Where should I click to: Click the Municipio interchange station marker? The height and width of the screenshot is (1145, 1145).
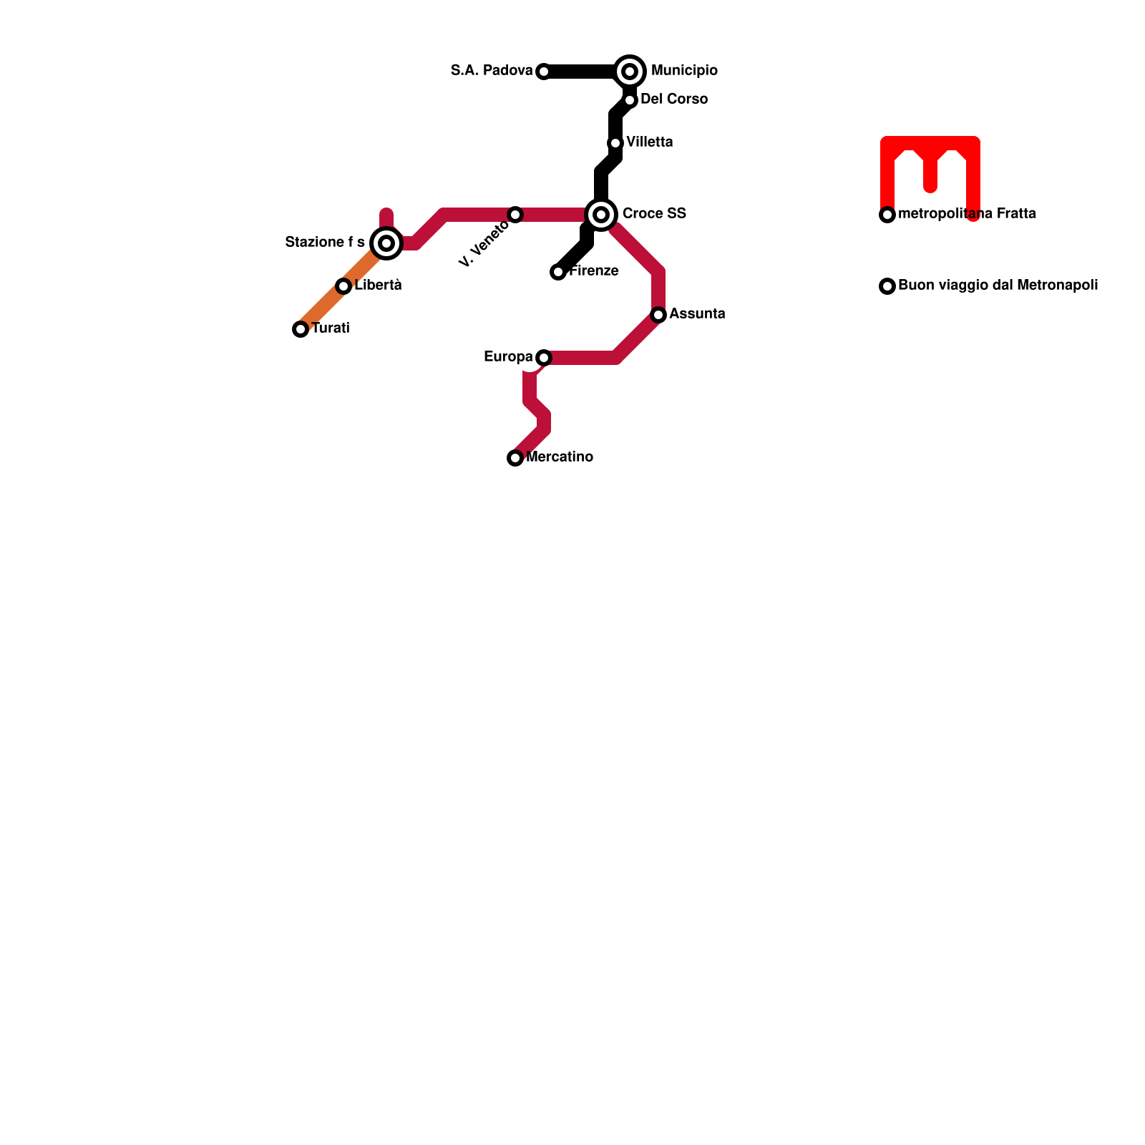pos(630,72)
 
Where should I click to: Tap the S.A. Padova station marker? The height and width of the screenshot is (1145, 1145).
pos(544,72)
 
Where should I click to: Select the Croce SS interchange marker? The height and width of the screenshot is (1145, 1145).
pos(601,215)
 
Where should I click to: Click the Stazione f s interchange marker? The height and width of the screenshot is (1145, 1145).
pos(386,243)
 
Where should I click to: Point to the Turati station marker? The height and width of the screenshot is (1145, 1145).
pos(301,329)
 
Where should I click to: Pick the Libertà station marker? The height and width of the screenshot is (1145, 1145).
pos(343,286)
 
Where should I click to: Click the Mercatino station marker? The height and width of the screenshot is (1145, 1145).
pos(515,458)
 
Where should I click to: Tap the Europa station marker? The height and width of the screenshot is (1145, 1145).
pos(544,358)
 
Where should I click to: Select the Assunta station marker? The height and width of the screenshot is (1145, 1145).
pos(658,315)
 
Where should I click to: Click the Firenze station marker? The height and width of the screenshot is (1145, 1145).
pos(558,272)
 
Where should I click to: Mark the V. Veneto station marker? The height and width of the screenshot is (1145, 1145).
pos(515,215)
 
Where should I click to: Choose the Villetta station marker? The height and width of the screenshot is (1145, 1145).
pos(615,143)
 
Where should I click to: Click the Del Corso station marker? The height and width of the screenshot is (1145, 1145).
pos(630,100)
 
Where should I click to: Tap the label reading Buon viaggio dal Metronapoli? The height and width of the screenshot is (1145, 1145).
pos(998,286)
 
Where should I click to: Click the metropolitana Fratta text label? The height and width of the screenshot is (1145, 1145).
pos(967,214)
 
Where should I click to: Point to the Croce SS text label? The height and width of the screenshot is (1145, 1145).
pos(654,214)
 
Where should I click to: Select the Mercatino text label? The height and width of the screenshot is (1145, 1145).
pos(560,457)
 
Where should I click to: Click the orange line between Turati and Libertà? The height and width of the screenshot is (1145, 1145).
pos(322,308)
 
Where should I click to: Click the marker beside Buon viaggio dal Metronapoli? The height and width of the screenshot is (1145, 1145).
pos(887,286)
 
